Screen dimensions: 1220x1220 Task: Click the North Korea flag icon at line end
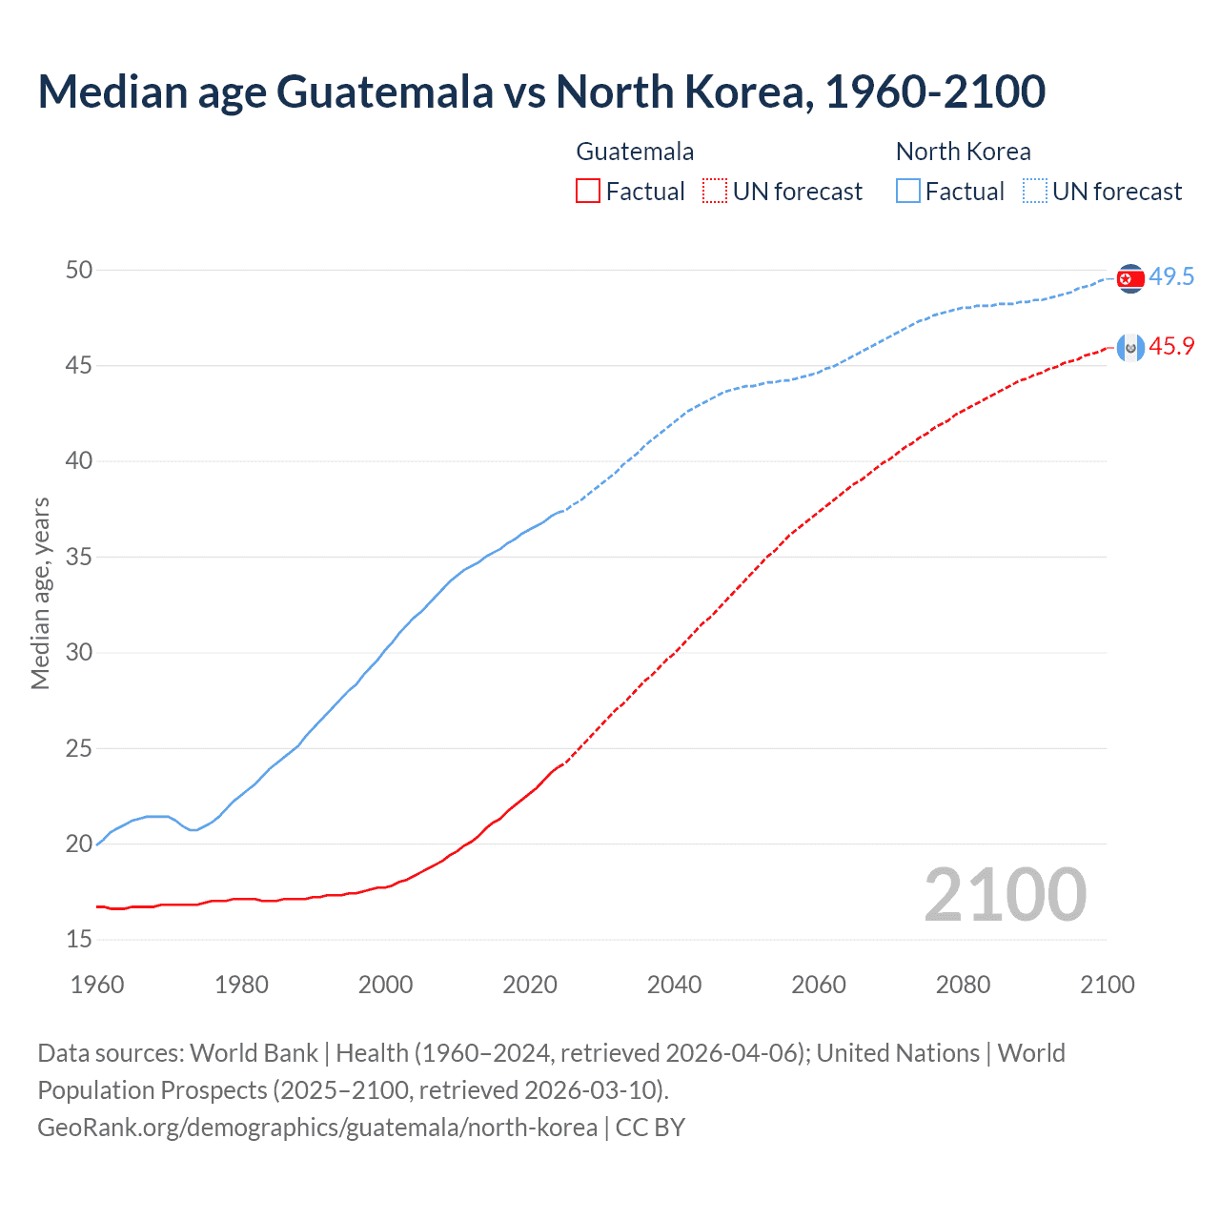[1130, 278]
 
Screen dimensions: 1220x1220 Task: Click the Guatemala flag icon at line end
[1130, 348]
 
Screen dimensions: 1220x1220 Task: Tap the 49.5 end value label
[1171, 277]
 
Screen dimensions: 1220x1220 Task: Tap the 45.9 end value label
[1171, 347]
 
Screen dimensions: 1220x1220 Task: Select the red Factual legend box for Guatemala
[588, 192]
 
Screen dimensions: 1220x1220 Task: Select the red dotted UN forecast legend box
[715, 192]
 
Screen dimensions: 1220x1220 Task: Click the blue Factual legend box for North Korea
[908, 192]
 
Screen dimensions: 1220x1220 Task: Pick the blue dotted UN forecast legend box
[1035, 192]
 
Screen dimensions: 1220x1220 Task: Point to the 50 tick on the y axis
[79, 271]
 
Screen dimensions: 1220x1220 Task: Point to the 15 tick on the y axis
[79, 940]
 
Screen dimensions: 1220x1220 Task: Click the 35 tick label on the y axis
[79, 558]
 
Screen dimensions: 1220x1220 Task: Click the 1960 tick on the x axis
[97, 985]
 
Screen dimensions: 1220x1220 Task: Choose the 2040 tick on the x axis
[674, 985]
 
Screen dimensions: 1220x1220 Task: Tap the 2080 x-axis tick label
[963, 985]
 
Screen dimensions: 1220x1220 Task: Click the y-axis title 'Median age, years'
[40, 593]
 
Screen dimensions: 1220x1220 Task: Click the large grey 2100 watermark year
[1005, 895]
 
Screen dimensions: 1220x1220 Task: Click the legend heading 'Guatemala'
[635, 152]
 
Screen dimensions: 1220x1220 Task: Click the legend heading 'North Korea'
[963, 152]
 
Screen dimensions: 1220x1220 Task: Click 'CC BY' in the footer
[650, 1128]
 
